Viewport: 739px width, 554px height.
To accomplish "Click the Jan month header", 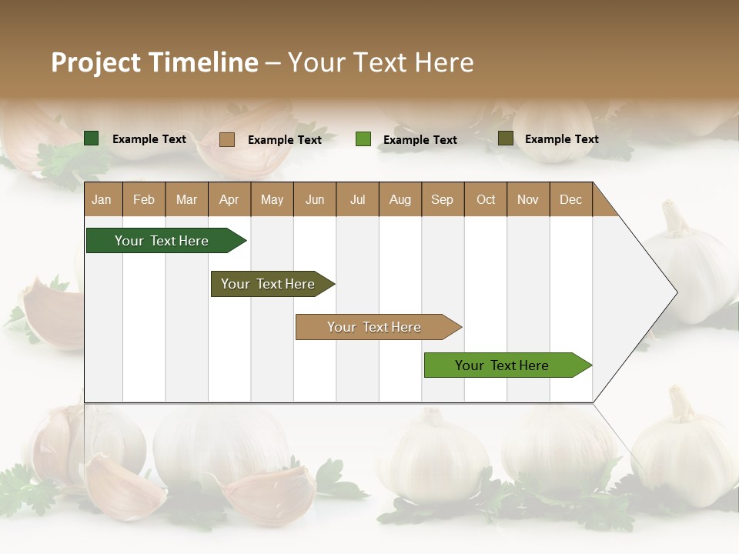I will click(x=102, y=199).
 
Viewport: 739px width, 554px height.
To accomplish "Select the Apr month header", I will click(x=229, y=199).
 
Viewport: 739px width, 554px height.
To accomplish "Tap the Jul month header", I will click(x=357, y=199).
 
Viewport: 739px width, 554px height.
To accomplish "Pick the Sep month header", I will click(x=442, y=199).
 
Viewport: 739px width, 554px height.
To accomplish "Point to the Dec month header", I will click(x=570, y=199).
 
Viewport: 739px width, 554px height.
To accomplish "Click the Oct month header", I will click(x=486, y=199).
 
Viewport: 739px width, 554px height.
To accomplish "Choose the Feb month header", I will click(x=144, y=199).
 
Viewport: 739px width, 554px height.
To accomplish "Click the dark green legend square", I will click(x=92, y=138).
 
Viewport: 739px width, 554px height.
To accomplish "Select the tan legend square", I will click(x=227, y=139).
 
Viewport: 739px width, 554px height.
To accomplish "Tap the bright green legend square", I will click(x=363, y=139).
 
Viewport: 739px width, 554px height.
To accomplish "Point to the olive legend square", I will click(x=505, y=138).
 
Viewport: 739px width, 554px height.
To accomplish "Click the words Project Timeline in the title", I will click(x=155, y=62).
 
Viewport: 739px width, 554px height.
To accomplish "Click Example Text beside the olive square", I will click(x=562, y=139).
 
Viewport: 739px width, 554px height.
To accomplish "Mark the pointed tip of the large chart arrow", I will click(x=675, y=292).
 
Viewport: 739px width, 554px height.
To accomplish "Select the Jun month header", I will click(x=315, y=199).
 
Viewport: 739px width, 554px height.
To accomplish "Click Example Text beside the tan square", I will click(x=285, y=140).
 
